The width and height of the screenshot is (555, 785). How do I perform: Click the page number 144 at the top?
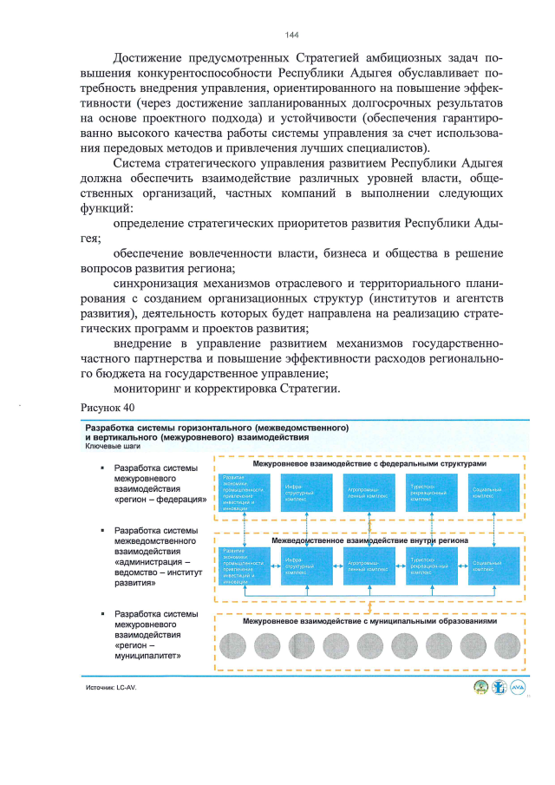tap(291, 35)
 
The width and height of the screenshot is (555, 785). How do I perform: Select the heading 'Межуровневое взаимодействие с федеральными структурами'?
tap(369, 464)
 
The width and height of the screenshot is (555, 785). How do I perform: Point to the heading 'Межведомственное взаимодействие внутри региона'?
tap(369, 540)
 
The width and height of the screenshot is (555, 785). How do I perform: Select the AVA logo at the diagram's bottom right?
tap(519, 687)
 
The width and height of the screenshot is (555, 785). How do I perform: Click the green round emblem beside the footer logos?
tap(475, 687)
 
